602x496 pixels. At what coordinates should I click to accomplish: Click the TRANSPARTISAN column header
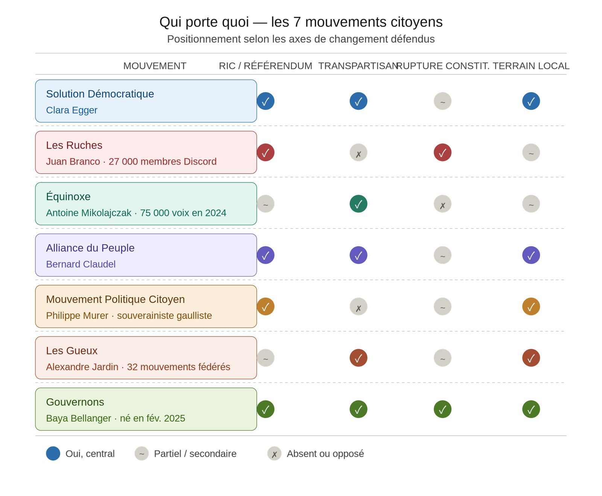(358, 66)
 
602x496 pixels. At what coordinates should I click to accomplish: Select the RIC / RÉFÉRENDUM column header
(266, 66)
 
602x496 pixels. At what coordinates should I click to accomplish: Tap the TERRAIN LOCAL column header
(531, 66)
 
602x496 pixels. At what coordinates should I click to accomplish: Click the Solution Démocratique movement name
(100, 94)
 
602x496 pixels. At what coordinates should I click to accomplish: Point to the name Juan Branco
(73, 161)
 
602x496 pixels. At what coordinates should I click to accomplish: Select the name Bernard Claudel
(81, 264)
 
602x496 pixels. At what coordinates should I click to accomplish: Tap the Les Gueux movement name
(71, 351)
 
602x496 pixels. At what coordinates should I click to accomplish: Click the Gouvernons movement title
(75, 402)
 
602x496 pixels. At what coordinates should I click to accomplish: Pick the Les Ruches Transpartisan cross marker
(359, 152)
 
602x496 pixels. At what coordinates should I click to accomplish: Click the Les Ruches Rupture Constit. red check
(442, 152)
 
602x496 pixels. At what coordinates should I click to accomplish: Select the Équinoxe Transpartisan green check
(359, 204)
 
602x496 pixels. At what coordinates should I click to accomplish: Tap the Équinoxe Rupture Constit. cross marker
(442, 204)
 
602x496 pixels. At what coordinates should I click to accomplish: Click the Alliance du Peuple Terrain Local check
(531, 255)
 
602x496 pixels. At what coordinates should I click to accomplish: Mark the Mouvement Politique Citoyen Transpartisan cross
(359, 306)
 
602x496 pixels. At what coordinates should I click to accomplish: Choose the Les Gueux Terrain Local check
(531, 358)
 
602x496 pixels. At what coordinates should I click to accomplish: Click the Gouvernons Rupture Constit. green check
(442, 409)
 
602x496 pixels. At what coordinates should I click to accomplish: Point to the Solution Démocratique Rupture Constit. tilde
(442, 101)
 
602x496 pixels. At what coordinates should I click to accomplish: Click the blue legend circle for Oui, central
(53, 453)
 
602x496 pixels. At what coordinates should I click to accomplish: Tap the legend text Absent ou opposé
(325, 454)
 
